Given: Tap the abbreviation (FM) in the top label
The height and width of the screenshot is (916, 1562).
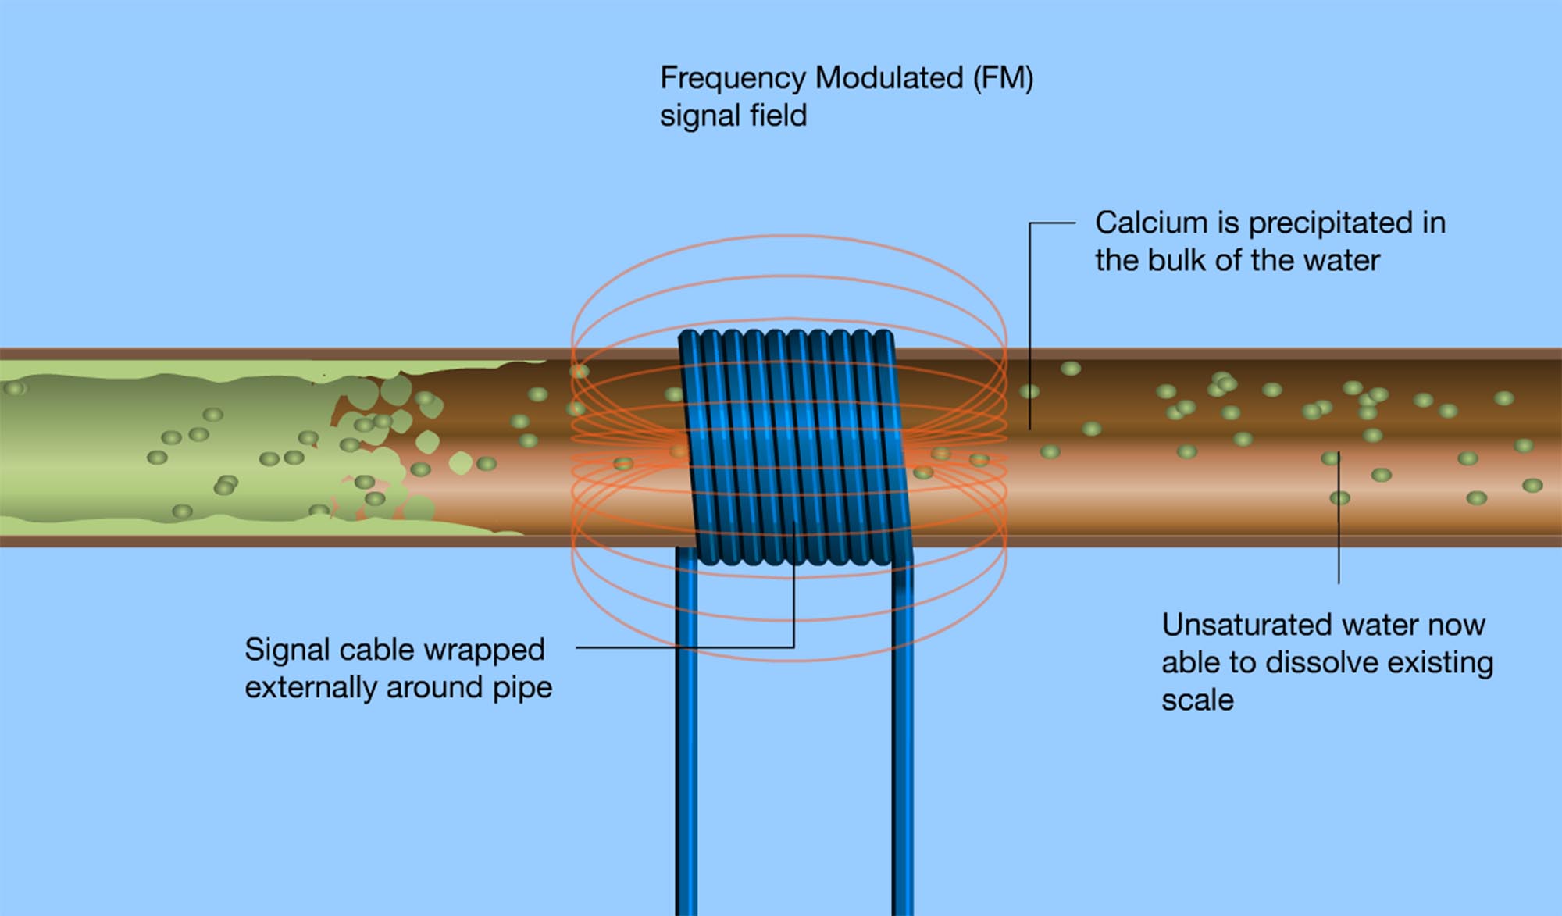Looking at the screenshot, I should (1003, 79).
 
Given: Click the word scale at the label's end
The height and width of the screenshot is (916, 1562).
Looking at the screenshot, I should (1197, 700).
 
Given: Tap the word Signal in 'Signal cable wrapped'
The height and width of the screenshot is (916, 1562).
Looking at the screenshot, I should (287, 650).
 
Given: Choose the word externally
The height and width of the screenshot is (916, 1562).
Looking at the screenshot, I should (311, 688).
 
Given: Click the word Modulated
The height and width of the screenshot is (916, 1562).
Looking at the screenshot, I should (888, 79).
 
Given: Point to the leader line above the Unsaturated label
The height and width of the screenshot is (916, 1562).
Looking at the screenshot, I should (1339, 523).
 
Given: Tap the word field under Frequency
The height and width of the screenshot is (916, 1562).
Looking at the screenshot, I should (778, 116).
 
